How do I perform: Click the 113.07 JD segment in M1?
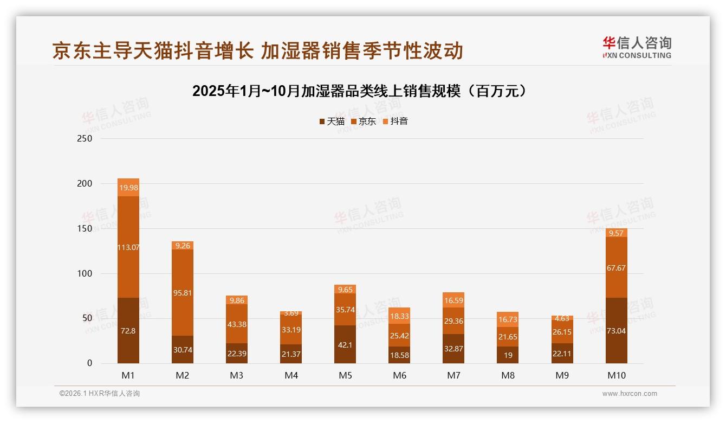(x=128, y=247)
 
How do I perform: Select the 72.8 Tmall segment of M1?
(x=128, y=330)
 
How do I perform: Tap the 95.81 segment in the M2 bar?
(x=183, y=292)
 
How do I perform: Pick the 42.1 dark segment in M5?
(x=345, y=344)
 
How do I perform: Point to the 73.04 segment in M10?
(x=616, y=330)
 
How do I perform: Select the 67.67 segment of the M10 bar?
(x=616, y=267)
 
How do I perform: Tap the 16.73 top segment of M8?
(x=508, y=319)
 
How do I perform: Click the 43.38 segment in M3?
(x=237, y=324)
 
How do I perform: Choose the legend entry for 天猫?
(x=332, y=121)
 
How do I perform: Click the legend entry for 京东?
(x=364, y=121)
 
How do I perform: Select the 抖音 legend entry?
(x=396, y=121)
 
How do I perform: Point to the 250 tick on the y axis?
(x=86, y=139)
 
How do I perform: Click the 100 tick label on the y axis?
(x=86, y=273)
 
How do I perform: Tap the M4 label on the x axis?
(x=291, y=375)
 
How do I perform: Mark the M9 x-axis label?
(x=562, y=375)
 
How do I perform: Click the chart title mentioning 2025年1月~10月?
(x=359, y=91)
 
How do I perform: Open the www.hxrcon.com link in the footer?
(x=630, y=394)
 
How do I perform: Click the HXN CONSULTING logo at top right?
(x=637, y=48)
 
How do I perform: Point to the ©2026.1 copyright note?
(x=100, y=394)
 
